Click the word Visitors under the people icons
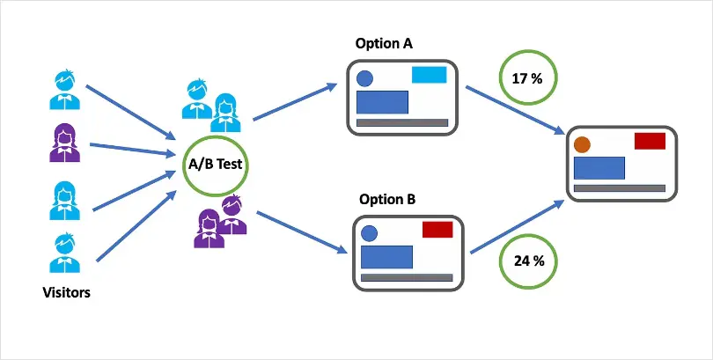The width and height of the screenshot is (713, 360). [67, 292]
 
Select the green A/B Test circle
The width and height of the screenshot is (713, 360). [216, 165]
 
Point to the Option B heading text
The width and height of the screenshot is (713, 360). [386, 199]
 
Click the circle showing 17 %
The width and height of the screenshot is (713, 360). [526, 78]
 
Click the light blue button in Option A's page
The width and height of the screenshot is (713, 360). [429, 75]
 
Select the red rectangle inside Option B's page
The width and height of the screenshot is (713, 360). [437, 230]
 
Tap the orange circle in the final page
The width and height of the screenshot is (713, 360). [582, 143]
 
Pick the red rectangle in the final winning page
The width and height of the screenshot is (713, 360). [650, 141]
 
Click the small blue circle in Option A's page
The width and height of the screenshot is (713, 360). [364, 77]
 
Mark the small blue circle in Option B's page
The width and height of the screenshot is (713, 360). [370, 233]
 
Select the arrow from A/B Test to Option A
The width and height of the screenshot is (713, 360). [295, 101]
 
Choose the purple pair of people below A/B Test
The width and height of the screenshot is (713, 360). [221, 225]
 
